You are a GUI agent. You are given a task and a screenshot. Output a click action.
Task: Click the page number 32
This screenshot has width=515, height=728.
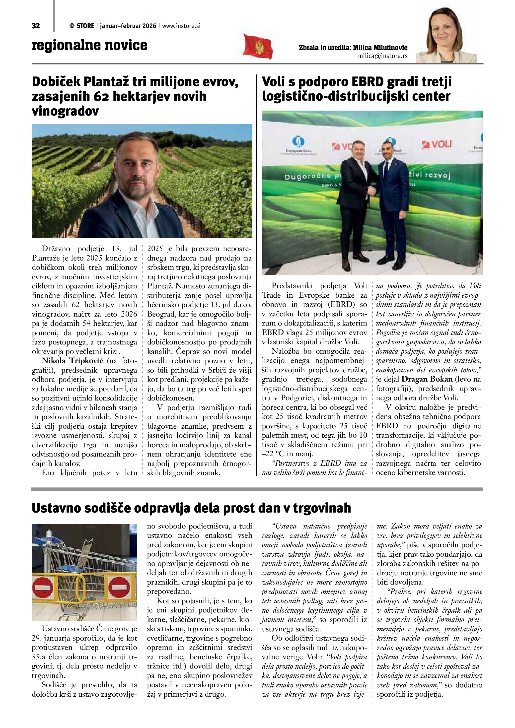[x=36, y=26]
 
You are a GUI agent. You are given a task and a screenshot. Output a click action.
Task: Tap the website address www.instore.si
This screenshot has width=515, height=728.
[x=181, y=26]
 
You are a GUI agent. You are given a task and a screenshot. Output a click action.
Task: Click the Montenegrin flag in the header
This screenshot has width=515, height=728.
[x=258, y=46]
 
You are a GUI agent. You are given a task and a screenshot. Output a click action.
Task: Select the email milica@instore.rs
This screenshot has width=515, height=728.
[x=382, y=56]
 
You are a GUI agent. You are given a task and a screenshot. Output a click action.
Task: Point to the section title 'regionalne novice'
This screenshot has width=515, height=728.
[x=89, y=45]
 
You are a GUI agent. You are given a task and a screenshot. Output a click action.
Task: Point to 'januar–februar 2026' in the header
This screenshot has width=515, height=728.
[x=128, y=26]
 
